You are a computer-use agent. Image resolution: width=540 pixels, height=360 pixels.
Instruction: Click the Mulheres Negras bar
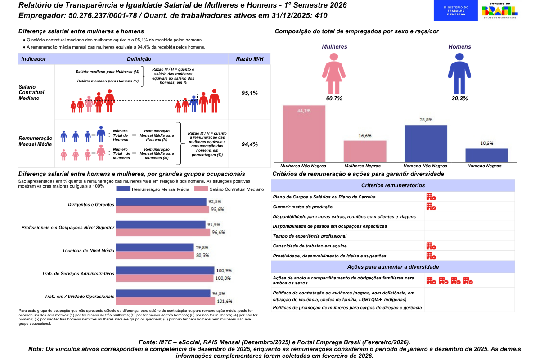[365, 151]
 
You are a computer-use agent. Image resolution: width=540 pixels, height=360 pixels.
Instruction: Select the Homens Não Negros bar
[426, 143]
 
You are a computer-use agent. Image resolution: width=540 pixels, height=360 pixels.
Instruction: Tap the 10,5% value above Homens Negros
[487, 144]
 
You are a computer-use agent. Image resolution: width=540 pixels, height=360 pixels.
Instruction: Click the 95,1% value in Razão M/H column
[250, 93]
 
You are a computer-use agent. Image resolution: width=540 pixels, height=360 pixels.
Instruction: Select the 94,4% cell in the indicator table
[250, 144]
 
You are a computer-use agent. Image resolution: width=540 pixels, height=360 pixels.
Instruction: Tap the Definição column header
[139, 59]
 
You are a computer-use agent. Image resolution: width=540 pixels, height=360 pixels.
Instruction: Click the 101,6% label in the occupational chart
[224, 301]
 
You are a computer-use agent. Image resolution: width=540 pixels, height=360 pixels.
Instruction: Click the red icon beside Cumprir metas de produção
[431, 207]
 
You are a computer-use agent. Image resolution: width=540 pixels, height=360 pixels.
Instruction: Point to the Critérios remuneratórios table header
[393, 185]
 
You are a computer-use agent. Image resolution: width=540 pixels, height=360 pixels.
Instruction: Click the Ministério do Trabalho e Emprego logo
[456, 11]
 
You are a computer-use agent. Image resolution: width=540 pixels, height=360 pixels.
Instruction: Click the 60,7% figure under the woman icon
[334, 98]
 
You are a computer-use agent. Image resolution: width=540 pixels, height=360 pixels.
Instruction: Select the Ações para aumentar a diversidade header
[393, 266]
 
